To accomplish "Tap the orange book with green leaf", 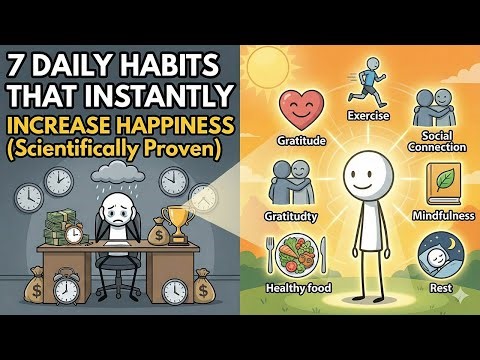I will click(x=441, y=183).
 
